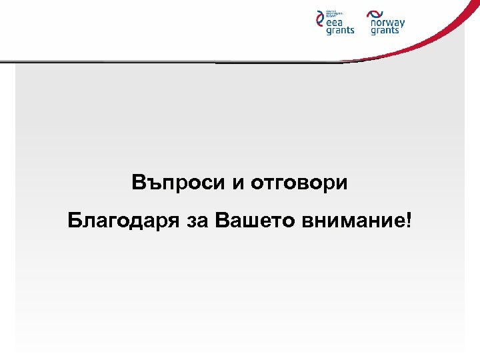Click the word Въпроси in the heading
[x=179, y=182]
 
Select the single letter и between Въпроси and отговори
[x=239, y=183]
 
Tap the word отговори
[x=299, y=183]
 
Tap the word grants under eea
[x=340, y=31]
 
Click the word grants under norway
[x=385, y=31]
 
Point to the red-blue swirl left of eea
[x=319, y=21]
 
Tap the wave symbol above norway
[x=375, y=13]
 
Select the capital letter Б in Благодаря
[x=75, y=221]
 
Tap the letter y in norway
[x=401, y=24]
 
